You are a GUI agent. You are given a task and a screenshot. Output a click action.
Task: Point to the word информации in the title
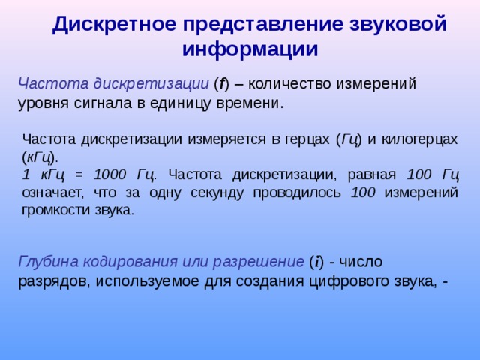(x=250, y=49)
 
